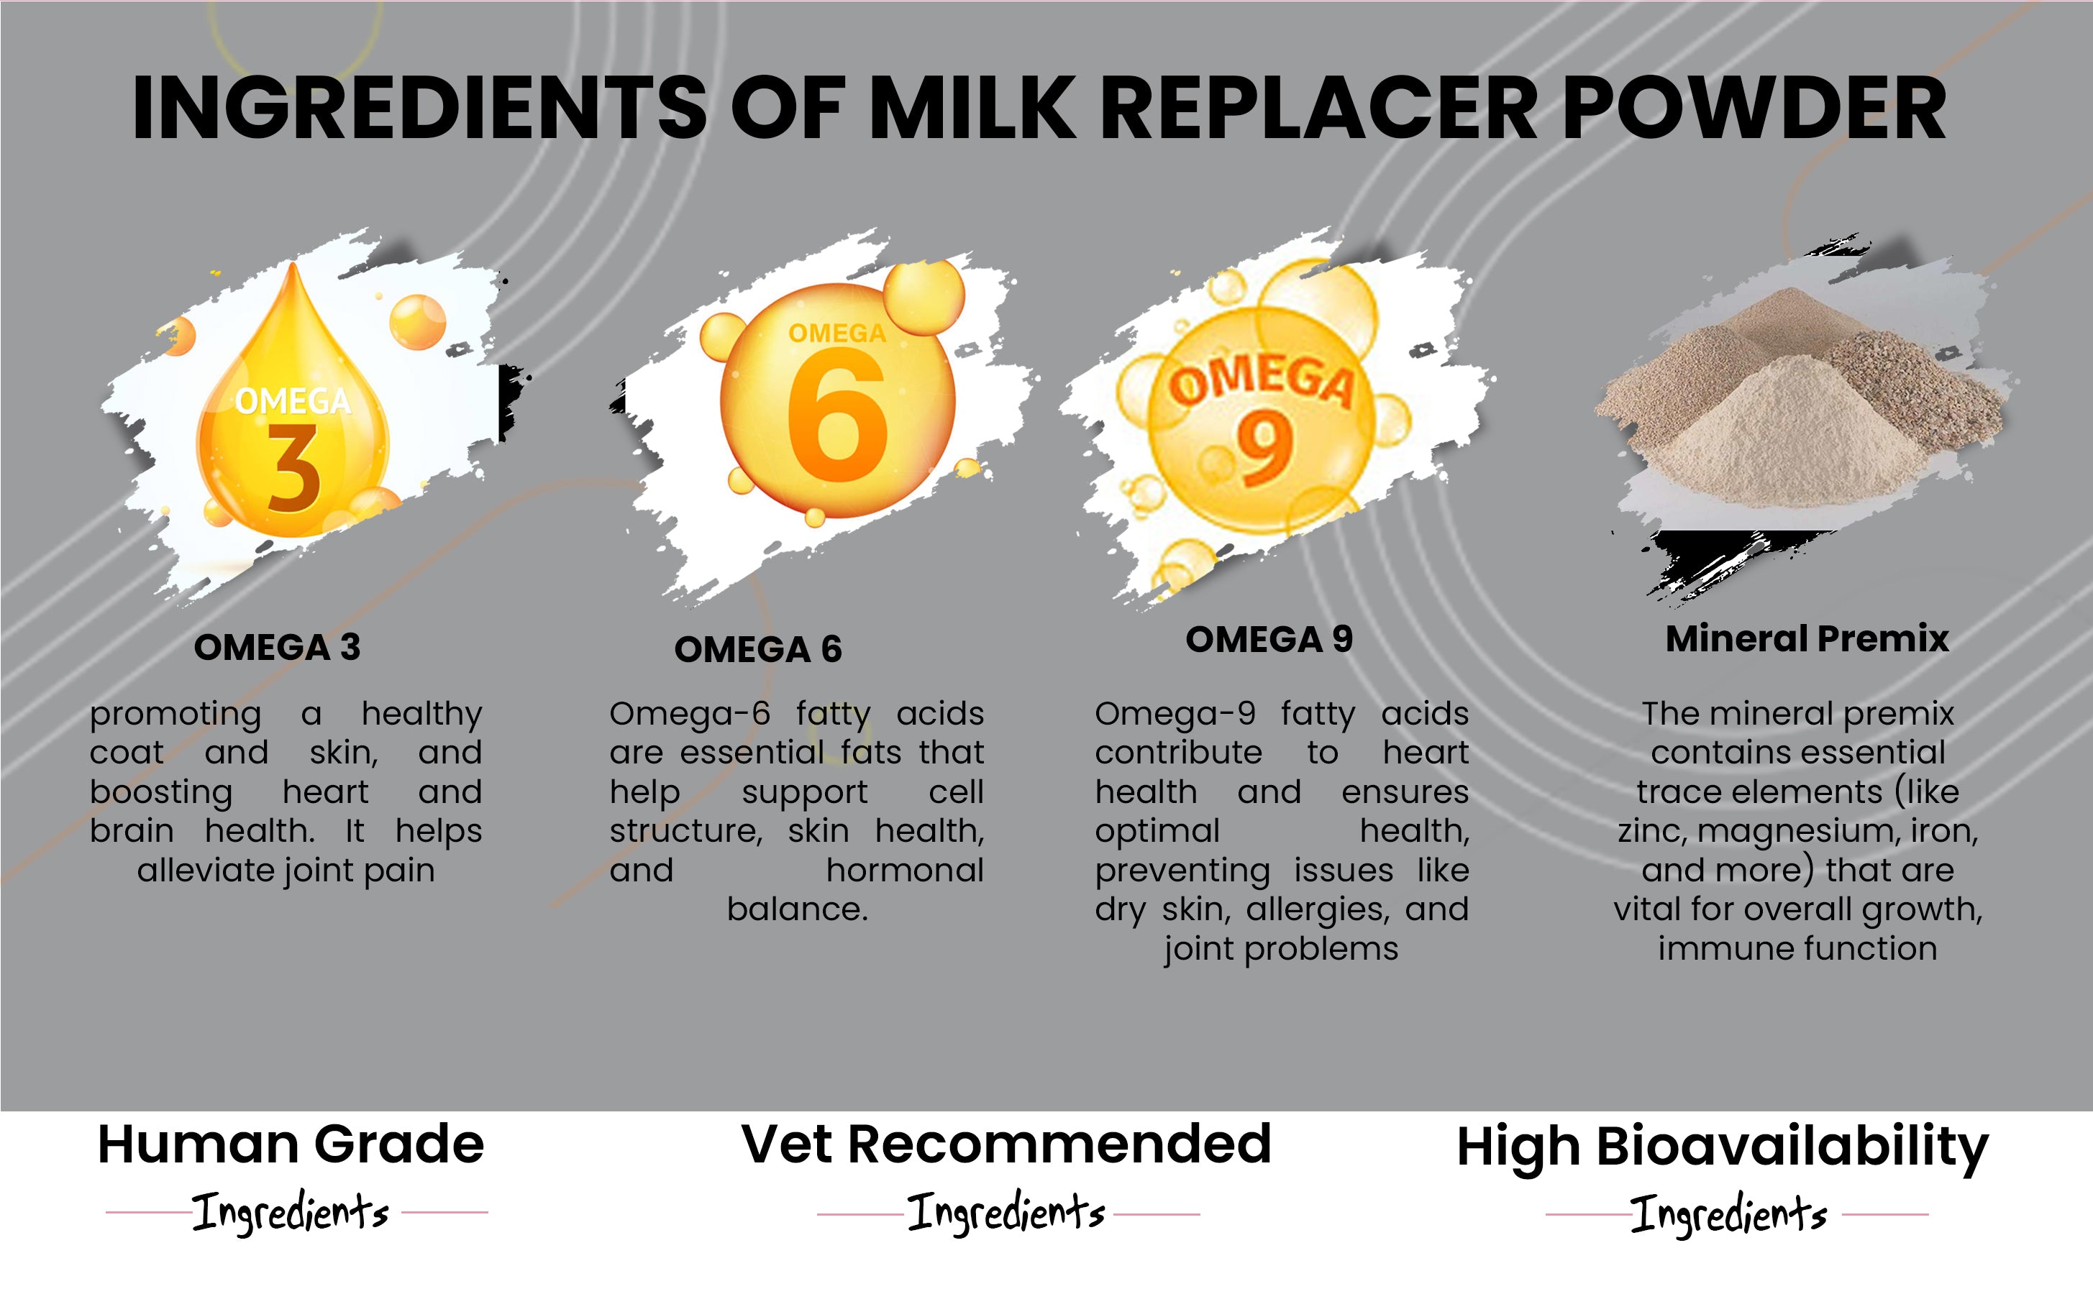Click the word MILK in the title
[971, 108]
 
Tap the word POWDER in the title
[1755, 108]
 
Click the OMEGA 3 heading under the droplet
[278, 647]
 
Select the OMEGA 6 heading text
[759, 650]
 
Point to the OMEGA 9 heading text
[1269, 639]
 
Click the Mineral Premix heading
[1807, 639]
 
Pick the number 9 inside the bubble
[1264, 446]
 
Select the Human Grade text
[291, 1144]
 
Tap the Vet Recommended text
[1007, 1144]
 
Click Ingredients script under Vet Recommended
[1007, 1212]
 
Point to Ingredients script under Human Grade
[291, 1212]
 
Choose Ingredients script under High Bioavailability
[1729, 1213]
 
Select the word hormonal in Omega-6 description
[905, 871]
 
